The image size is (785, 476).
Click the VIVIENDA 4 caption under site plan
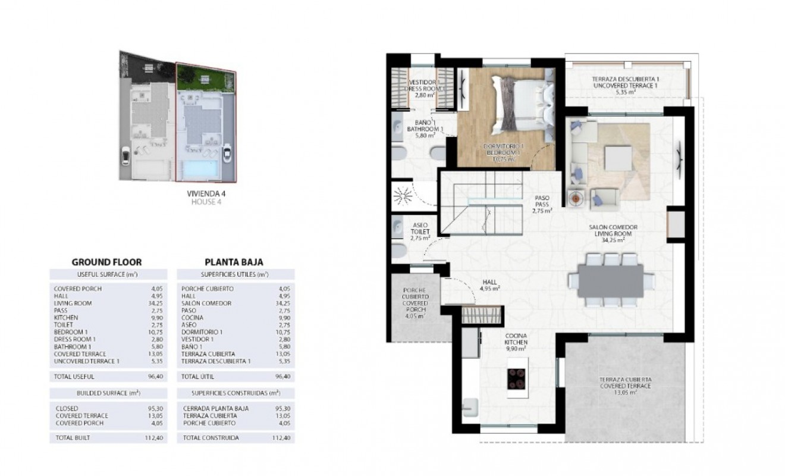click(x=206, y=193)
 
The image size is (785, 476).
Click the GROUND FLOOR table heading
click(x=106, y=261)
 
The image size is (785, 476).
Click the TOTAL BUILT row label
click(x=74, y=437)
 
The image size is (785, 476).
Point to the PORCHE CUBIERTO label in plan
click(x=416, y=302)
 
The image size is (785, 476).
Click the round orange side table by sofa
click(x=575, y=198)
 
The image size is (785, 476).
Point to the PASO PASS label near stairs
click(x=542, y=204)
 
